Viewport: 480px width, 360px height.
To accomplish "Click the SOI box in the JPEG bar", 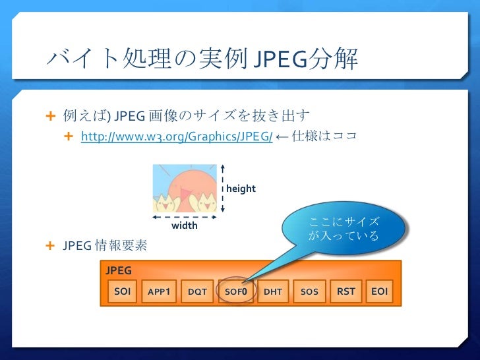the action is [122, 291].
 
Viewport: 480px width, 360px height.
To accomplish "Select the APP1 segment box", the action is [159, 291].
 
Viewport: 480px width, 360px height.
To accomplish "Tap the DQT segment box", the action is [197, 291].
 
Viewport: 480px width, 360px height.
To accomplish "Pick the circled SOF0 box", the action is [236, 291].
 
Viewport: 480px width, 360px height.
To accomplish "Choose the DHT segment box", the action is [273, 291].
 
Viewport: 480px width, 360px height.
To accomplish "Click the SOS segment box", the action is [309, 291].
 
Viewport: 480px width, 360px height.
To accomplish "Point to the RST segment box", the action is [346, 291].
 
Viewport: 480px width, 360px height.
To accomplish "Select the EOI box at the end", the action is [379, 291].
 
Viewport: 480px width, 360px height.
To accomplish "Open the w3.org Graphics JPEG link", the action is [177, 136].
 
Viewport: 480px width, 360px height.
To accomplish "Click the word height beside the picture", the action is [241, 189].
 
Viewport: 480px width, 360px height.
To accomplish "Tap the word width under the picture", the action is [185, 225].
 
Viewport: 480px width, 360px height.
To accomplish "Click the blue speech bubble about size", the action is [343, 228].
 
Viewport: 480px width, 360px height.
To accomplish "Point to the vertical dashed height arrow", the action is [223, 189].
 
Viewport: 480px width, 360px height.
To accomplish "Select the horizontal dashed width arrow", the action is [185, 217].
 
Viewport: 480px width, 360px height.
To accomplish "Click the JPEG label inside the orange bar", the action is [119, 270].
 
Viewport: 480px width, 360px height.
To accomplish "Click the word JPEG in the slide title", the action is [280, 59].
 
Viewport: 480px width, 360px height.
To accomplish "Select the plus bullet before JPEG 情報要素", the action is [50, 245].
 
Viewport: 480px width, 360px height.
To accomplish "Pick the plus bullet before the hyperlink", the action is [69, 136].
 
